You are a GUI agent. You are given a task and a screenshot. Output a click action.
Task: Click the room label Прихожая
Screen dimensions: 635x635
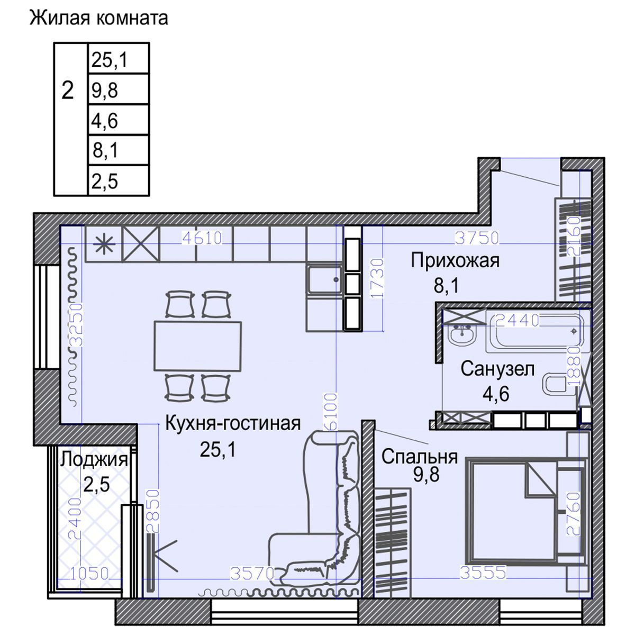coord(455,260)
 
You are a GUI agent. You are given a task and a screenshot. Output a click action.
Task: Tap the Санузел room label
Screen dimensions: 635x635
coord(497,369)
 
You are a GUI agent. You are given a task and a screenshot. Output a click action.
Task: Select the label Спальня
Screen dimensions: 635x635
coord(419,456)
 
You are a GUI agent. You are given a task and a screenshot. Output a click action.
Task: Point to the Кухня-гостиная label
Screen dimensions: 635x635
coord(233,423)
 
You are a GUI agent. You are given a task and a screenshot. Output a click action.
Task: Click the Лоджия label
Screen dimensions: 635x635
coord(94,459)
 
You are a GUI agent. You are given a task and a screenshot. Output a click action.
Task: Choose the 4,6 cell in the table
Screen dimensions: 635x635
coord(117,121)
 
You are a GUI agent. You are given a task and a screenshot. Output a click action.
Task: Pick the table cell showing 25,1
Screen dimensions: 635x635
coord(117,60)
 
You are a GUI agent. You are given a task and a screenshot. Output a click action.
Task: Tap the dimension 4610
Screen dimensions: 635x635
coord(201,238)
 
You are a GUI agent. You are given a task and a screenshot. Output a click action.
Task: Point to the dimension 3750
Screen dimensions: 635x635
coord(477,238)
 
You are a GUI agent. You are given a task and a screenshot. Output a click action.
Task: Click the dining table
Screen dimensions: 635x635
coord(197,346)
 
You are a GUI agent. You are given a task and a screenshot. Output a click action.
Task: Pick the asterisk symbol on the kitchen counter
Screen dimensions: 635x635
coord(103,244)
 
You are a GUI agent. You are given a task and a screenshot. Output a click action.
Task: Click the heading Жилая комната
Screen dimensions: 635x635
coord(98,18)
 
